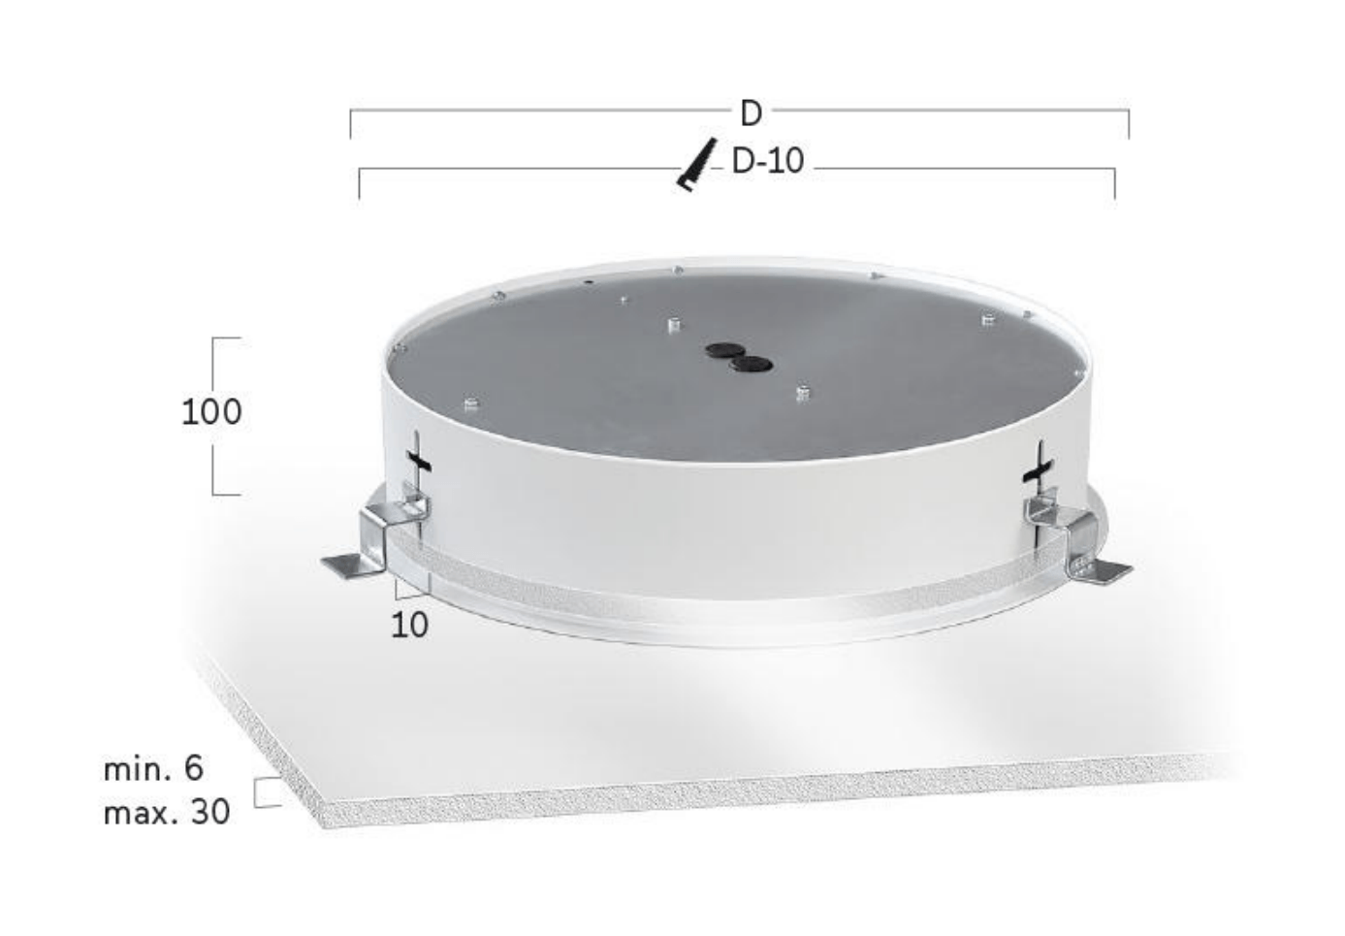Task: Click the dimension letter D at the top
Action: coord(752,113)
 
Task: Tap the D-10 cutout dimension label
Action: coord(767,162)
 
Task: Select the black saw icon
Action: coord(697,165)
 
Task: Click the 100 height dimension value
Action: coord(211,412)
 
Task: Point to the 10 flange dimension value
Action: coord(409,626)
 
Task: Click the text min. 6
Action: coord(154,769)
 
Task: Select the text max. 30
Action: coord(167,813)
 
